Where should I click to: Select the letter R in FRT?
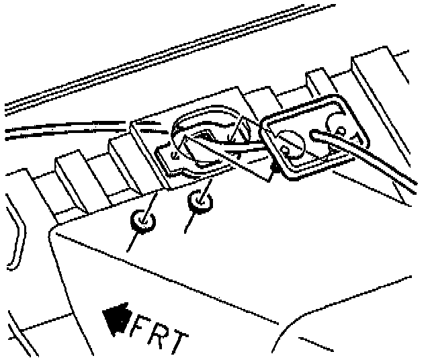(x=160, y=336)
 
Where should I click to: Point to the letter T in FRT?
(x=179, y=341)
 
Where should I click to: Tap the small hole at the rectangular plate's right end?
(x=341, y=130)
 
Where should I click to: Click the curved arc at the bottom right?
(x=296, y=329)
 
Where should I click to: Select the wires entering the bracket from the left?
(x=67, y=128)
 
